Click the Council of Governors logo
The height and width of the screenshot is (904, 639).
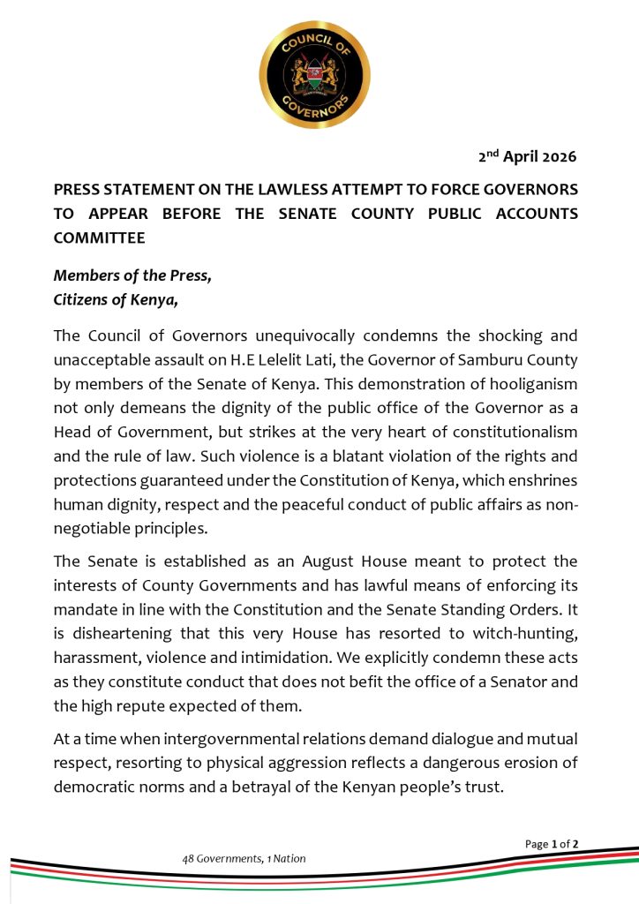pyautogui.click(x=314, y=75)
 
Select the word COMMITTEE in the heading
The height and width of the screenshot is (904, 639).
pyautogui.click(x=97, y=237)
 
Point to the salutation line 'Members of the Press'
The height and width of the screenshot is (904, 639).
pyautogui.click(x=132, y=275)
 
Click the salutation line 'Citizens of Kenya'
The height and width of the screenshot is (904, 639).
pyautogui.click(x=116, y=298)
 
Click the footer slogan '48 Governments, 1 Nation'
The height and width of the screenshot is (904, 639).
pyautogui.click(x=244, y=858)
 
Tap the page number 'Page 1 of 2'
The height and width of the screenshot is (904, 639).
pyautogui.click(x=552, y=844)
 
